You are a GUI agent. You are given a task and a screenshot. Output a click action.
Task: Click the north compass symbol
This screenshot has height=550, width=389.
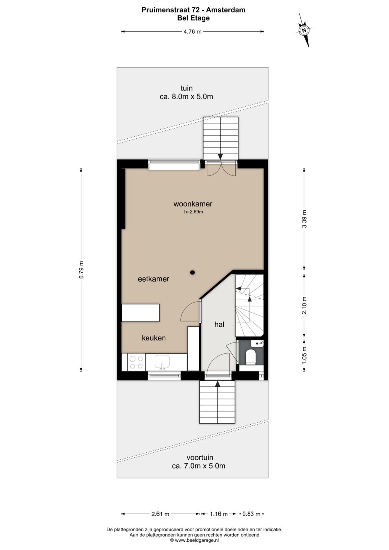click(x=304, y=30)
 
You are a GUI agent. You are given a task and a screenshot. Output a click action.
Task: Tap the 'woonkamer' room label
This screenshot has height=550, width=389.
click(x=193, y=204)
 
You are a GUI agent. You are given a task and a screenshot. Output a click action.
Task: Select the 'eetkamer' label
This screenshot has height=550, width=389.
click(x=153, y=279)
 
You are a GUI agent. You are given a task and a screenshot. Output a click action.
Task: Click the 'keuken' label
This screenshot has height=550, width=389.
click(x=154, y=338)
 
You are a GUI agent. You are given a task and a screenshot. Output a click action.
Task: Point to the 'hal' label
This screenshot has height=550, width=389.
click(x=219, y=325)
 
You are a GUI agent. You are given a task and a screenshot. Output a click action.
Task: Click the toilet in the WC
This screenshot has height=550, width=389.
click(x=251, y=357)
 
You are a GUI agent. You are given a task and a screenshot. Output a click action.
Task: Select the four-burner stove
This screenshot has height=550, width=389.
click(x=136, y=362)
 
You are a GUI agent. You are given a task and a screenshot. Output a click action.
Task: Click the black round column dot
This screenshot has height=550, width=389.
click(x=193, y=272)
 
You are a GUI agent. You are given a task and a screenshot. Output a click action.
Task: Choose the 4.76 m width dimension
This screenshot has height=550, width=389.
click(x=193, y=31)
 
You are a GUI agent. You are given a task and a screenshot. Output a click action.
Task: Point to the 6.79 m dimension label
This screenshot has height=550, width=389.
click(x=81, y=269)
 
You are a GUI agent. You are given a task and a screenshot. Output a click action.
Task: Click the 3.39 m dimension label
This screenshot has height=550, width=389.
click(x=304, y=219)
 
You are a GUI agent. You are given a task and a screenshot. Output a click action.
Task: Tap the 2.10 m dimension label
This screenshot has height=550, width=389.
click(x=304, y=305)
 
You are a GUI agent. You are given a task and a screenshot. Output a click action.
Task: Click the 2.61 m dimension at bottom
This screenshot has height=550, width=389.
click(x=160, y=514)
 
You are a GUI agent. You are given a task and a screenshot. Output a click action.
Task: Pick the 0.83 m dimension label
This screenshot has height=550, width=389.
click(x=251, y=514)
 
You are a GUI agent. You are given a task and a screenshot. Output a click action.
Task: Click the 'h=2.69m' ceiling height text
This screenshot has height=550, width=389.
click(x=193, y=212)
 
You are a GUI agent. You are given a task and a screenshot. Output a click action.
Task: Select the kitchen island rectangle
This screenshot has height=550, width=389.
click(x=141, y=313)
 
